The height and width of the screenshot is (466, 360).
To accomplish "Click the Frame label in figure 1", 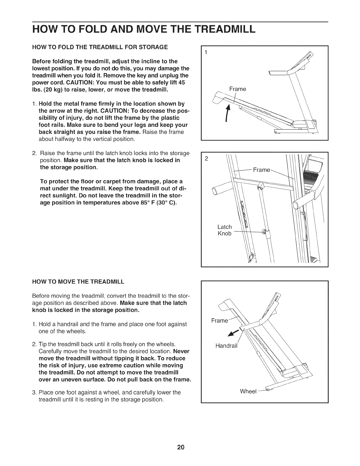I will click(x=238, y=89).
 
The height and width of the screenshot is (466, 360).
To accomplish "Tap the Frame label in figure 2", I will click(x=261, y=170).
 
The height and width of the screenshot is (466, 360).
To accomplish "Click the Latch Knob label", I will click(x=224, y=230).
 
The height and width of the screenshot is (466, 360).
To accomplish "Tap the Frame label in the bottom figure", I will click(x=220, y=320).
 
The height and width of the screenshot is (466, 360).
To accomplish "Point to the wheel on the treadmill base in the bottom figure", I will click(x=268, y=390).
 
